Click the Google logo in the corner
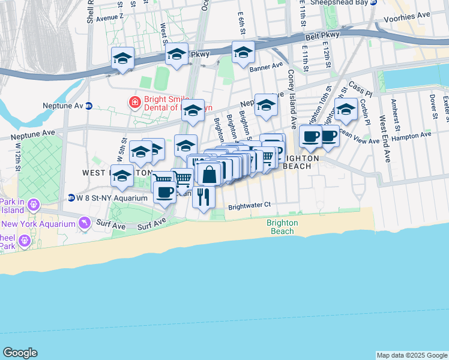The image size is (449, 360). click(20, 353)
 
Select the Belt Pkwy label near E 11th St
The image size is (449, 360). click(322, 35)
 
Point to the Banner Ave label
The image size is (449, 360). click(266, 66)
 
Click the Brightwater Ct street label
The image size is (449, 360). click(250, 205)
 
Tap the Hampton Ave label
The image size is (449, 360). click(411, 136)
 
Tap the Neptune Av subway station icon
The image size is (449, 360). click(89, 106)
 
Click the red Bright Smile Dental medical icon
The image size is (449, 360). click(135, 103)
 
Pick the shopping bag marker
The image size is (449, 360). click(209, 174)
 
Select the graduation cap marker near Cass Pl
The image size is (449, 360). click(346, 109)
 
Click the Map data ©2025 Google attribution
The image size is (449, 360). click(412, 355)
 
